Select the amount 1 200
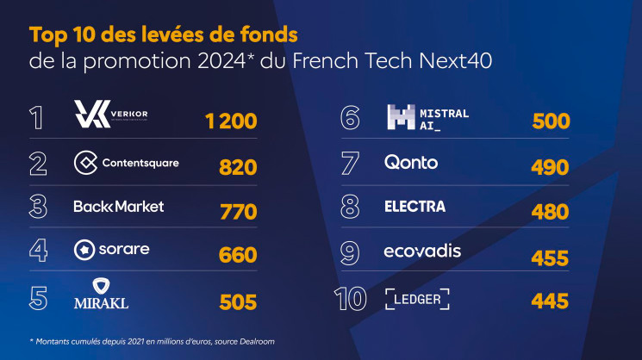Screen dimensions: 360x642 (231, 121)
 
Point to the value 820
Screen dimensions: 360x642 (238, 166)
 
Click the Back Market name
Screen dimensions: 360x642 (119, 207)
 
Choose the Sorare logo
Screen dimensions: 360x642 (112, 251)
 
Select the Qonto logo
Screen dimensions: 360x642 (411, 162)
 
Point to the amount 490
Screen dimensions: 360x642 (550, 167)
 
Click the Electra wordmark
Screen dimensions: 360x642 (414, 207)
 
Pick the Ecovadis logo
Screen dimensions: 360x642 (422, 251)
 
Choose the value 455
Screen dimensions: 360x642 (550, 258)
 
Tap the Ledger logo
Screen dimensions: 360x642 (418, 299)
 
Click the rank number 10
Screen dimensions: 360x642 (352, 299)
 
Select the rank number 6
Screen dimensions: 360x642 (352, 118)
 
